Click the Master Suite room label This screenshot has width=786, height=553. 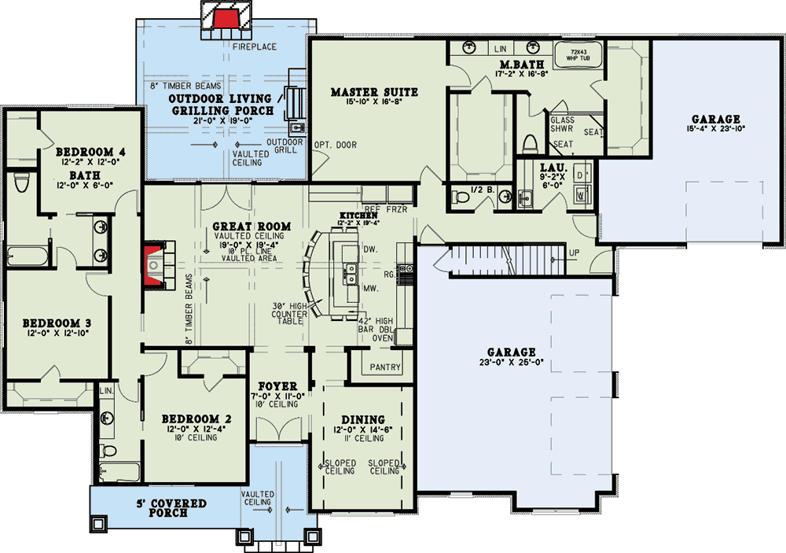[x=374, y=92]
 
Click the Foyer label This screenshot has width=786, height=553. [x=281, y=387]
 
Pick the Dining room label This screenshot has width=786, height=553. [x=362, y=419]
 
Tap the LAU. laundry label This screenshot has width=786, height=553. [x=549, y=168]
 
